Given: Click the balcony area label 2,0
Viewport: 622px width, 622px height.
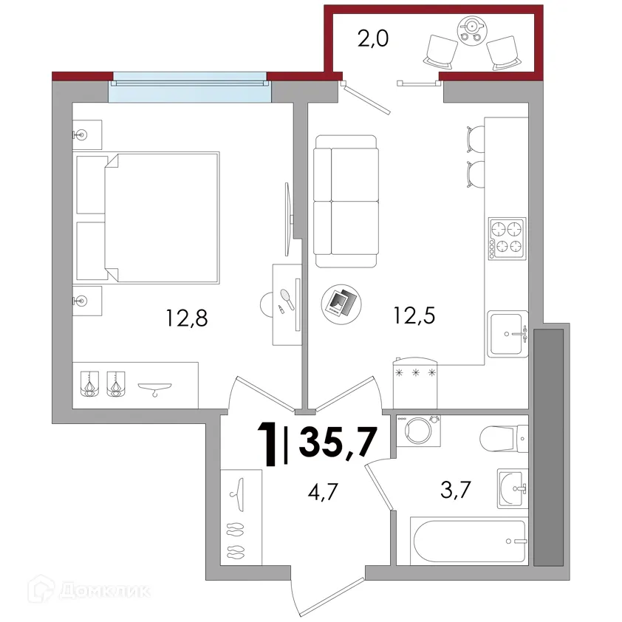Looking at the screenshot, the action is [x=373, y=39].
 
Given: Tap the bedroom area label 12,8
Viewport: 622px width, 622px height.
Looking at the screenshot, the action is [x=187, y=318].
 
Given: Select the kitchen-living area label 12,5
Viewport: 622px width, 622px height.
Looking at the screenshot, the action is [x=414, y=315].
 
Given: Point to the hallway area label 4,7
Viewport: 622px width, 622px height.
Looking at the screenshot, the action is [x=323, y=492].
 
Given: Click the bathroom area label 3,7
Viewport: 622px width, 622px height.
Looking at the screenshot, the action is [x=455, y=490].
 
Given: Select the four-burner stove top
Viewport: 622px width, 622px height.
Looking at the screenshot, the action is [x=507, y=239].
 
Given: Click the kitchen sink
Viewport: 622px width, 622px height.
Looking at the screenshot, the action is [x=507, y=334].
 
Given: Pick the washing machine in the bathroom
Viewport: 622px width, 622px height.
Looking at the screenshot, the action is [x=419, y=431].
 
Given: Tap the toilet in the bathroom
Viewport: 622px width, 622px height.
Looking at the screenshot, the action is [x=504, y=439].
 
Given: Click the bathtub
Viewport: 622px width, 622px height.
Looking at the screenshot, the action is [x=469, y=541].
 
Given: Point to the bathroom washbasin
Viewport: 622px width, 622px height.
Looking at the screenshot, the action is [x=513, y=488].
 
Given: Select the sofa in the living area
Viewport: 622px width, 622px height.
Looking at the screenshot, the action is [x=346, y=201].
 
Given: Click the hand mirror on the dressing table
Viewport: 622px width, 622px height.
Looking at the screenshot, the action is [x=287, y=298].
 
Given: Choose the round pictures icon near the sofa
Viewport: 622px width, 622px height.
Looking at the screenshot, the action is [x=341, y=304].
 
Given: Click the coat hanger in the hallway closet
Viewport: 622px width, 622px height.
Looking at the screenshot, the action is [x=237, y=495].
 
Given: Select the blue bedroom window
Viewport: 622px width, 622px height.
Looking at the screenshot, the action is [x=190, y=87].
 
